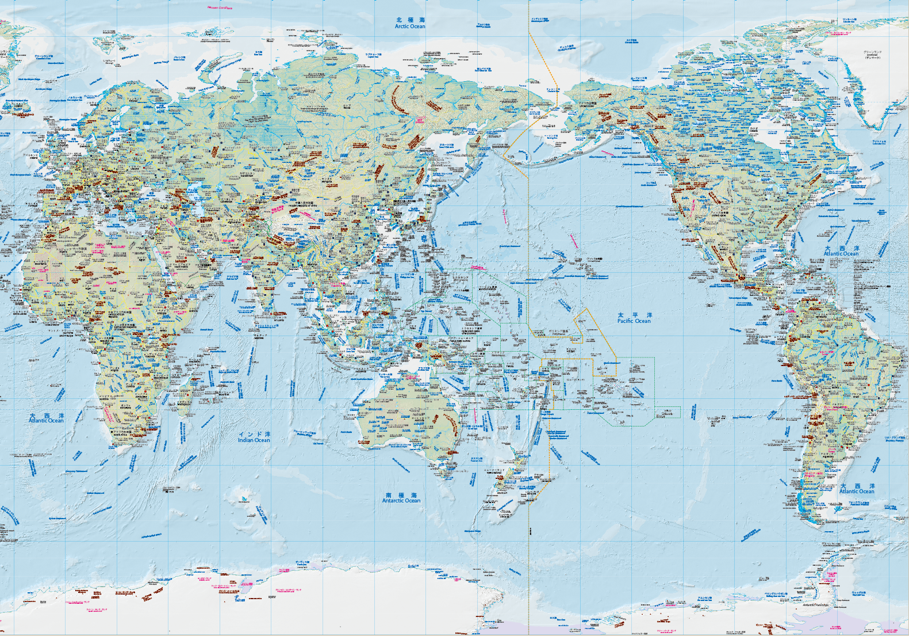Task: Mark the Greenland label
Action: [872, 55]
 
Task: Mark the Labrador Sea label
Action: [878, 142]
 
